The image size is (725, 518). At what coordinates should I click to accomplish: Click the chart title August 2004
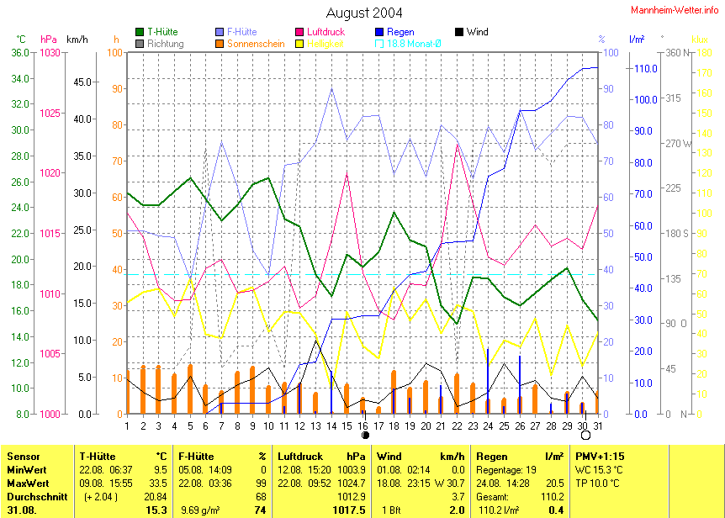[363, 13]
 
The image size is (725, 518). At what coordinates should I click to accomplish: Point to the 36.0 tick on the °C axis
[18, 52]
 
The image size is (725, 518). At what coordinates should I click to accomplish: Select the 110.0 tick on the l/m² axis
[643, 68]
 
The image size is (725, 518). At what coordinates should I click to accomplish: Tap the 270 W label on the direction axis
[678, 143]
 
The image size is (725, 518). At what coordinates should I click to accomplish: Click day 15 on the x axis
[347, 426]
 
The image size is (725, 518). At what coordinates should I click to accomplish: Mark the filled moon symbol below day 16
[364, 436]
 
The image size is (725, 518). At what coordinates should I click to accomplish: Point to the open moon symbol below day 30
[585, 436]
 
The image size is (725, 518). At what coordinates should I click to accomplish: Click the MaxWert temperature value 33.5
[157, 484]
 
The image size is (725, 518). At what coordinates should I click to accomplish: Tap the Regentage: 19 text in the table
[505, 469]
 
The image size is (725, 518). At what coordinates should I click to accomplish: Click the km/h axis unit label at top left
[77, 40]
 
